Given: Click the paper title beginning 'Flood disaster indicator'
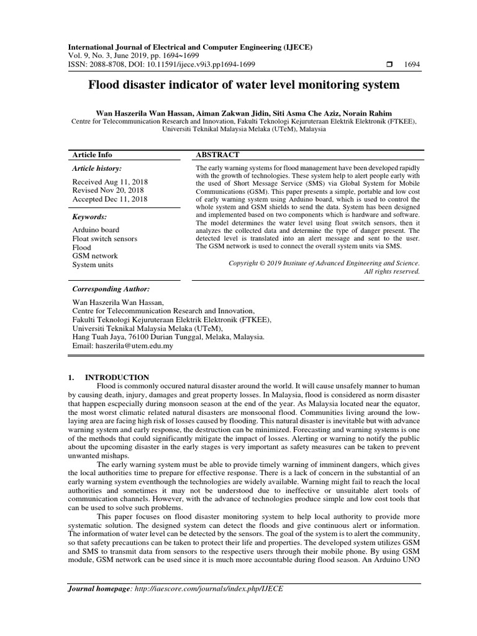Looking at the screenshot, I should (x=245, y=85).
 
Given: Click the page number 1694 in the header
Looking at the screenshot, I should (x=412, y=64).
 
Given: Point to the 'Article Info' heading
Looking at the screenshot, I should (x=93, y=155).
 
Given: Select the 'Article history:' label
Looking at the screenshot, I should (x=97, y=168).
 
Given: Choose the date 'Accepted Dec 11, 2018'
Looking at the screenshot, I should (x=110, y=199).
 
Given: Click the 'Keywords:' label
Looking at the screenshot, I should (x=90, y=217).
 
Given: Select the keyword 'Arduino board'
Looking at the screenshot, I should (x=96, y=230).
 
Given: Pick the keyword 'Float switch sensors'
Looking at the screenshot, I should (x=105, y=238).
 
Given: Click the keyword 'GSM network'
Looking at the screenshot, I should (x=94, y=256).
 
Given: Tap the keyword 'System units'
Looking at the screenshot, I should (x=94, y=265).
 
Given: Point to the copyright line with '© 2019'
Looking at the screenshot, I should (x=324, y=263).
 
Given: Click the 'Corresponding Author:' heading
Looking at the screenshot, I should (x=111, y=289).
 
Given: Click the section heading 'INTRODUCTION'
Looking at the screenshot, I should (x=117, y=377).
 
